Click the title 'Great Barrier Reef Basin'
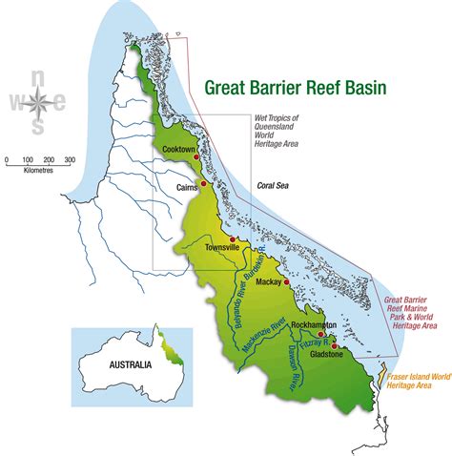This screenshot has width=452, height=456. pyautogui.click(x=296, y=89)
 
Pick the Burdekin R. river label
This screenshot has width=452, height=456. pyautogui.click(x=257, y=262)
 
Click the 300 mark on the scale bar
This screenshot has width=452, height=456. pyautogui.click(x=69, y=159)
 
